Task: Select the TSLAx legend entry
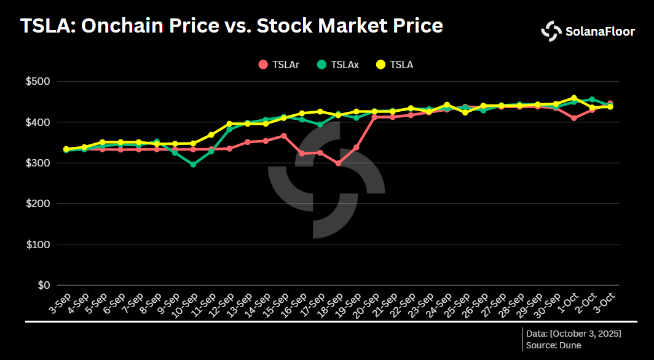pos(338,64)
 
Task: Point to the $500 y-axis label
pos(38,81)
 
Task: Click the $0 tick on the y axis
pos(44,285)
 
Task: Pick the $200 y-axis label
pos(38,203)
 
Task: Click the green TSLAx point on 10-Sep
pos(193,165)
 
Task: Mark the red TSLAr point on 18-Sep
pos(338,163)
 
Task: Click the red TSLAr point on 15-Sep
pos(283,136)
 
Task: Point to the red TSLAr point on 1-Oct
pos(574,118)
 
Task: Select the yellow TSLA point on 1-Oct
pos(574,98)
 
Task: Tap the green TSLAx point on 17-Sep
pos(320,125)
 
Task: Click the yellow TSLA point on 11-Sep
pos(211,135)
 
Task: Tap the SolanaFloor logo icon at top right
pos(551,31)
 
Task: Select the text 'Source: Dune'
pos(553,345)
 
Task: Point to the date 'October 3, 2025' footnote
pos(585,333)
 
